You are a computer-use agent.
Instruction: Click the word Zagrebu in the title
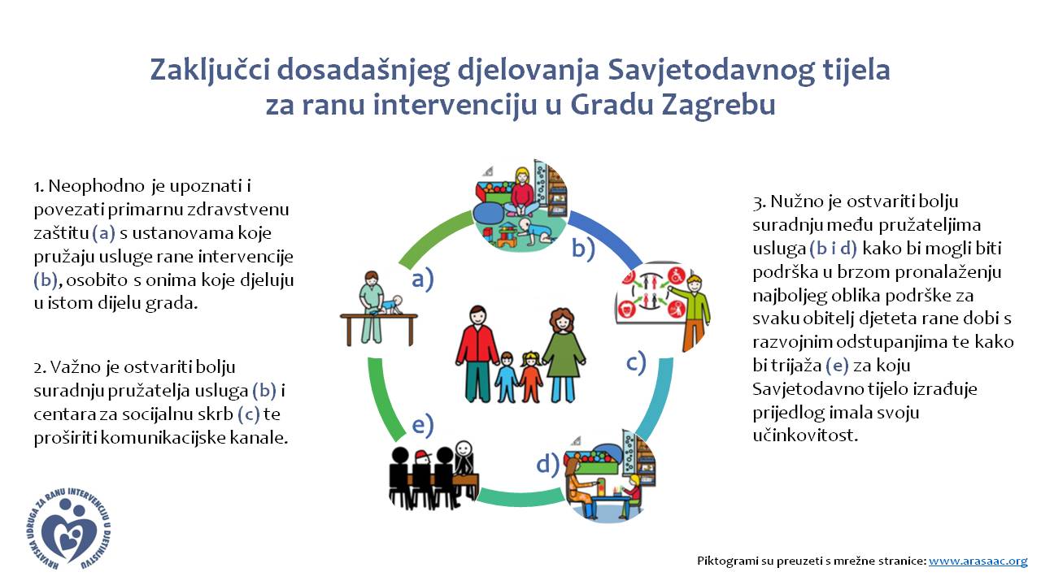(x=718, y=105)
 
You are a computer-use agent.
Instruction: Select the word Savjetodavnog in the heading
(x=711, y=70)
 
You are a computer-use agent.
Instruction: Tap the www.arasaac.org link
(x=978, y=561)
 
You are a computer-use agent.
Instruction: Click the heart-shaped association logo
(x=69, y=529)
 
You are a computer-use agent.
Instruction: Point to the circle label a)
(x=422, y=279)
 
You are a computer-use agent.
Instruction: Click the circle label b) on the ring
(x=583, y=249)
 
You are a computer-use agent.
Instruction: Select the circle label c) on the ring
(x=636, y=362)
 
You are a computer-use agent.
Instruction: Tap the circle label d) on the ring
(x=548, y=464)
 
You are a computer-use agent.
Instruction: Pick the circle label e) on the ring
(x=423, y=425)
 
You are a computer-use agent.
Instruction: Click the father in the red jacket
(x=477, y=353)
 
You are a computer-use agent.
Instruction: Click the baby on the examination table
(x=390, y=305)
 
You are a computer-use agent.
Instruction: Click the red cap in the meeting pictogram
(x=422, y=456)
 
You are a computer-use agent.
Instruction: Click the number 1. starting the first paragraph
(x=38, y=187)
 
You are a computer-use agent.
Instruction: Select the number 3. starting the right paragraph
(x=760, y=202)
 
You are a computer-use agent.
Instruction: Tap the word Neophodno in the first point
(x=97, y=187)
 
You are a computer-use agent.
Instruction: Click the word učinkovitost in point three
(x=805, y=435)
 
